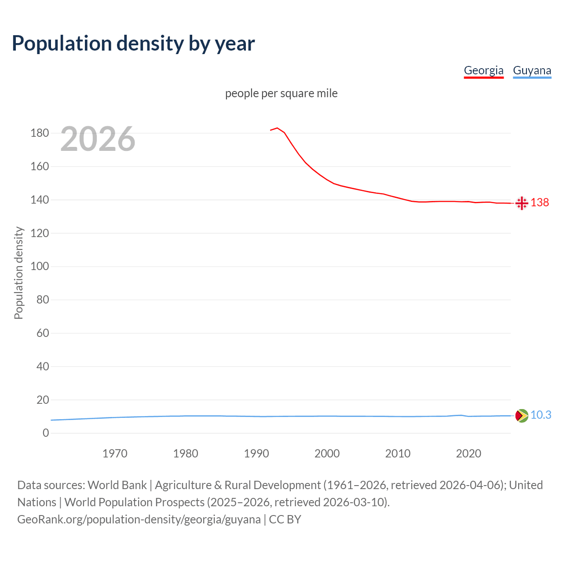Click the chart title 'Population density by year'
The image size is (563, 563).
click(x=133, y=43)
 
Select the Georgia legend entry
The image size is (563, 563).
click(x=483, y=70)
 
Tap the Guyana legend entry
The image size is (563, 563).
click(x=532, y=70)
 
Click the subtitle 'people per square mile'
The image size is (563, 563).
click(x=281, y=93)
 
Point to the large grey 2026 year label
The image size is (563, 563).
click(x=98, y=139)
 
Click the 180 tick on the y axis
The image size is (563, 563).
click(x=40, y=133)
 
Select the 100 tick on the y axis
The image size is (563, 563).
click(x=40, y=266)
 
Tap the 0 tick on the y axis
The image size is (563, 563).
click(x=46, y=433)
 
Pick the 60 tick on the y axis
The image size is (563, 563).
click(x=43, y=333)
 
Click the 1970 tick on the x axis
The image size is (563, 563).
click(x=115, y=453)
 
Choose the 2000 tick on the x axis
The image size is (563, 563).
click(x=327, y=453)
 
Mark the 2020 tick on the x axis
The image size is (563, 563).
click(x=468, y=453)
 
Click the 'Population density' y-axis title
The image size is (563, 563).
click(x=18, y=273)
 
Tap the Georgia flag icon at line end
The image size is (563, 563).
click(x=522, y=203)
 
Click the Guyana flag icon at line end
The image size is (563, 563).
click(x=522, y=415)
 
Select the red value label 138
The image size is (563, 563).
click(x=540, y=202)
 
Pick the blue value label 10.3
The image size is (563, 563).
click(x=541, y=415)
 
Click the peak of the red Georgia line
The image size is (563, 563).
click(x=277, y=128)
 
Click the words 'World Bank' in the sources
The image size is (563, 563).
click(x=117, y=485)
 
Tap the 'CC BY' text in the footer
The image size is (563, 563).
click(x=285, y=519)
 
